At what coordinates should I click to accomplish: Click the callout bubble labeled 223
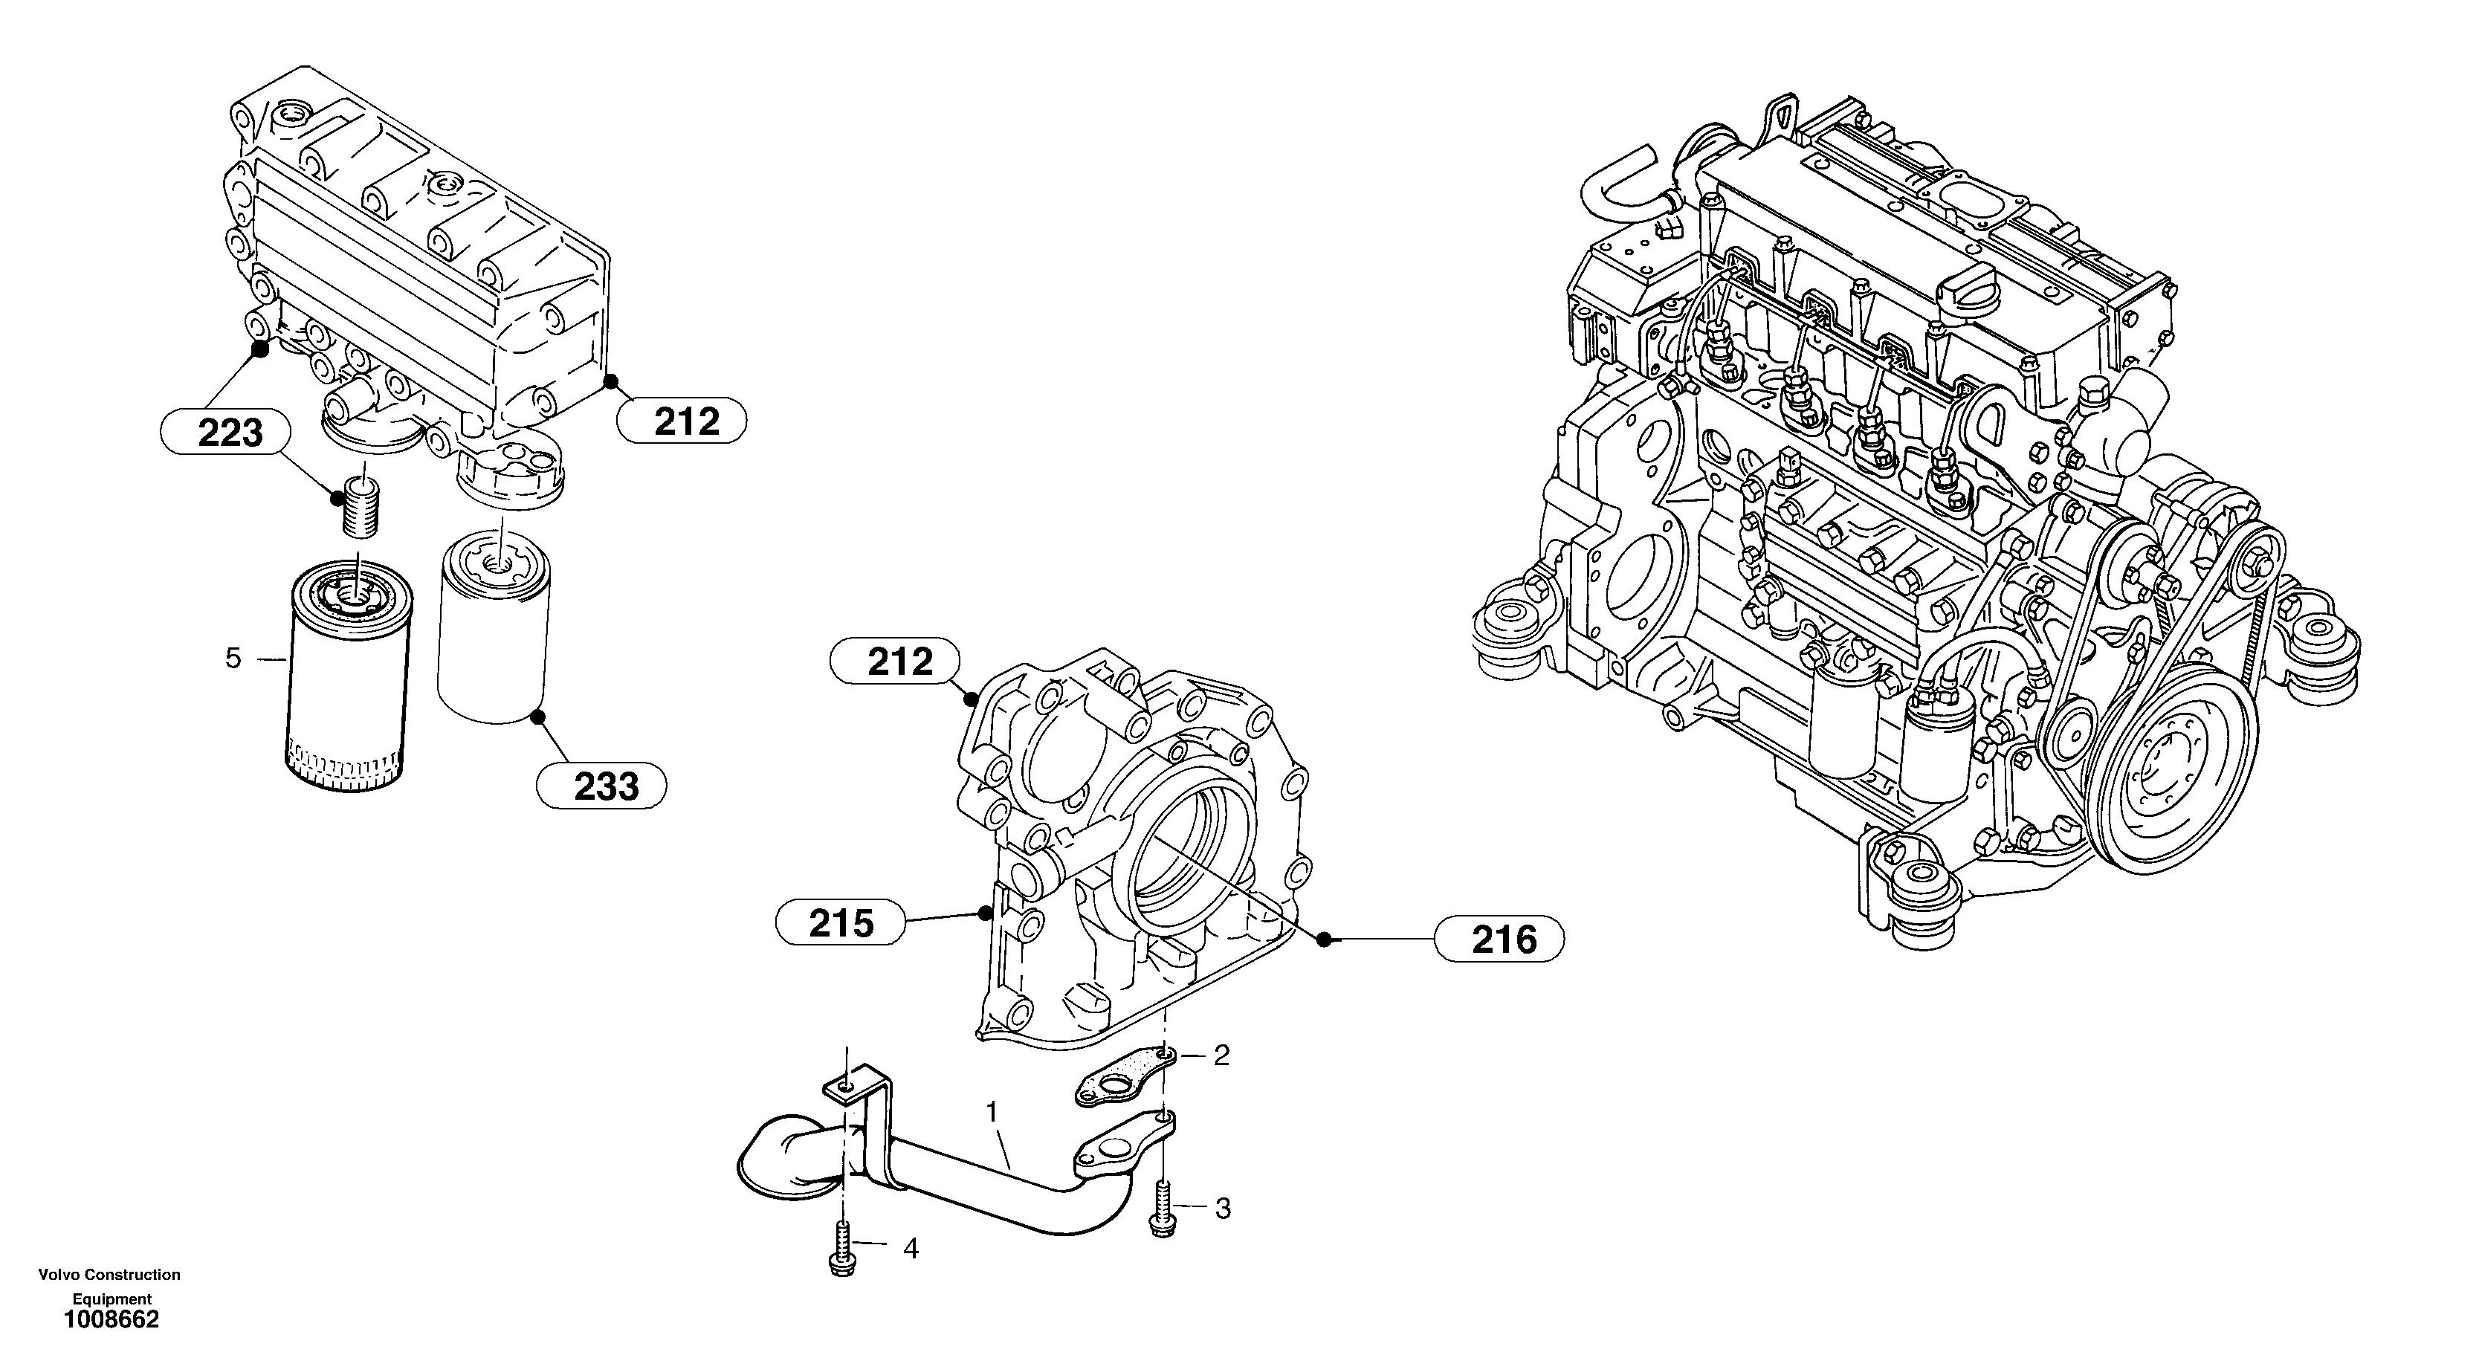coord(225,432)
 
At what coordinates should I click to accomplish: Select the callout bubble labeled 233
coord(601,786)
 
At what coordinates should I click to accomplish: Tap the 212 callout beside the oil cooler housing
coord(682,421)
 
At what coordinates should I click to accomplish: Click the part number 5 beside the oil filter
coord(233,659)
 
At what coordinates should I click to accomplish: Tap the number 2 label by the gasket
coord(1221,1055)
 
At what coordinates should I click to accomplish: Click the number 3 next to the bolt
coord(1222,1209)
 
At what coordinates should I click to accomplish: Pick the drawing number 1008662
coord(111,1320)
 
